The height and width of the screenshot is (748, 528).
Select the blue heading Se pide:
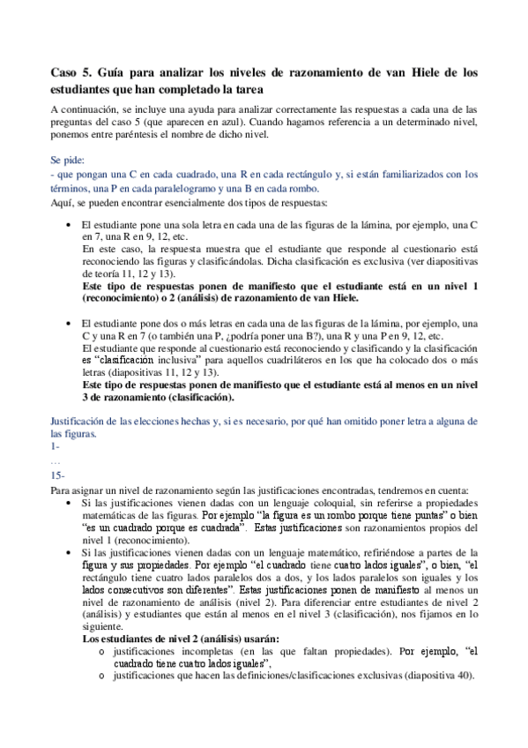tap(69, 161)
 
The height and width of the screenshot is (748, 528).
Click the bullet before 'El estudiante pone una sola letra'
tap(69, 226)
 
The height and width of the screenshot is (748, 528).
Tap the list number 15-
tap(58, 475)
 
